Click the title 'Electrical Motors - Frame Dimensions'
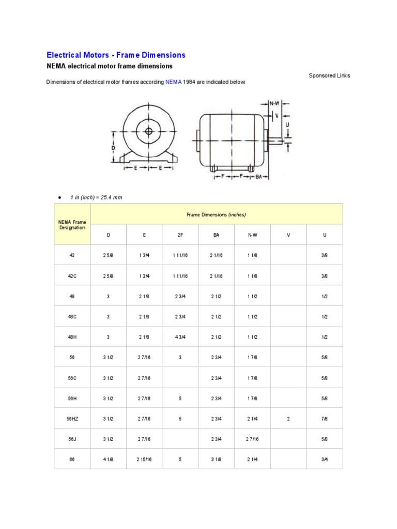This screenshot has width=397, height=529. (x=116, y=55)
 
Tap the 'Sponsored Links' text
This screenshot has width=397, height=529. (x=329, y=75)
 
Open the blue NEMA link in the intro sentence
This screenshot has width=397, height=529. (x=173, y=82)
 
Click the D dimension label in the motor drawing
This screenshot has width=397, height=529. (x=113, y=148)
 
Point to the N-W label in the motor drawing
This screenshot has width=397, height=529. (x=274, y=103)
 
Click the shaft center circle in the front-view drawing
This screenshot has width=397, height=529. (x=149, y=131)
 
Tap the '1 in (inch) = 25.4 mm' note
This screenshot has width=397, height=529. (x=96, y=198)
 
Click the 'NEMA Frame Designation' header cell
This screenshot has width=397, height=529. (x=72, y=224)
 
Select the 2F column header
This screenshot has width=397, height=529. (x=180, y=235)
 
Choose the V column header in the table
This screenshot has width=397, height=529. (x=288, y=235)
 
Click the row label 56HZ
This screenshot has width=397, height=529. (x=72, y=419)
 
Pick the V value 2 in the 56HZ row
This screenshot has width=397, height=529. (x=288, y=419)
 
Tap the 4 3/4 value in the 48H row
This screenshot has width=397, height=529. (x=180, y=337)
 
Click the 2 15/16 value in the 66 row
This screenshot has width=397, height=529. (x=144, y=459)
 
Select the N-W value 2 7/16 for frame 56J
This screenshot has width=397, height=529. (x=253, y=439)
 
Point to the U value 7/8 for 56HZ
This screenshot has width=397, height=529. (x=325, y=419)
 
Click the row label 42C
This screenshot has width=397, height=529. (x=72, y=276)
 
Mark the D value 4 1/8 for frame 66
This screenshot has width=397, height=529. (x=109, y=459)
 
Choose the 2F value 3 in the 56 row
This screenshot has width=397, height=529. (x=180, y=357)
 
